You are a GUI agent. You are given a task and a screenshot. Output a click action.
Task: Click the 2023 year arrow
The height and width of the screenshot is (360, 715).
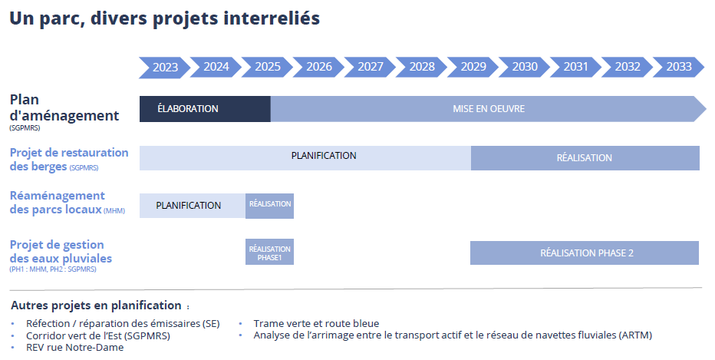click(165, 67)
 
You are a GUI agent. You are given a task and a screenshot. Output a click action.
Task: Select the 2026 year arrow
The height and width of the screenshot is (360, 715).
click(318, 67)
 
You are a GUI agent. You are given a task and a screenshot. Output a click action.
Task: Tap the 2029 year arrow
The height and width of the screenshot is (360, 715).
click(473, 67)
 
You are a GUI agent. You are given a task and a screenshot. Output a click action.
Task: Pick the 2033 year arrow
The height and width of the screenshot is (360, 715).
click(678, 67)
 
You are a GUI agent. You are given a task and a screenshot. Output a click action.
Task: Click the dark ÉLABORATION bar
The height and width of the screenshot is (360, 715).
click(205, 109)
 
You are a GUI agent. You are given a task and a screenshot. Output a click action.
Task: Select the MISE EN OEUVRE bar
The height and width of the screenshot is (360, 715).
click(489, 109)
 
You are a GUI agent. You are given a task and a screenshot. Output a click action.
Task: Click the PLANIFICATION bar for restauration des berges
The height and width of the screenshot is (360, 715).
click(305, 158)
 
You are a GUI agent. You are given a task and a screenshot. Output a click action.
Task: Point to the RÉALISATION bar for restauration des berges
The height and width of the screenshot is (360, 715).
click(585, 158)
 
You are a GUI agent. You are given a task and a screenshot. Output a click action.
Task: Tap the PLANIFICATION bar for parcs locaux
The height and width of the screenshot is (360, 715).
click(193, 206)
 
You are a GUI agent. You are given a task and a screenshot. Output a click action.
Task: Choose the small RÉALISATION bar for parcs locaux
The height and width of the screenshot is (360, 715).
click(269, 206)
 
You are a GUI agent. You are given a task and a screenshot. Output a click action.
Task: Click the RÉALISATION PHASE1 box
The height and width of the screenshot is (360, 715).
click(269, 252)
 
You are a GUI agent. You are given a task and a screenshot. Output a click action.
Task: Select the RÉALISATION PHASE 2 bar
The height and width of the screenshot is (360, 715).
click(585, 253)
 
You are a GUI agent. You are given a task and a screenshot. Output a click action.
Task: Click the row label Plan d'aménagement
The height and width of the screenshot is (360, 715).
click(64, 107)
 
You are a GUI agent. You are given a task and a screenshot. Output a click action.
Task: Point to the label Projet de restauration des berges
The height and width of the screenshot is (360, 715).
click(69, 159)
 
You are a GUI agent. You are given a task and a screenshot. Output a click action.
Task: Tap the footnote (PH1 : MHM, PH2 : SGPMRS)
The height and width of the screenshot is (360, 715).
click(53, 269)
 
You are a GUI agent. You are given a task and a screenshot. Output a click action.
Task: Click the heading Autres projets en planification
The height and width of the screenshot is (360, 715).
click(96, 306)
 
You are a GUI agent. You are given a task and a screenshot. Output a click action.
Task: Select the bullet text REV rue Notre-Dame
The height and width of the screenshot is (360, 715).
click(74, 347)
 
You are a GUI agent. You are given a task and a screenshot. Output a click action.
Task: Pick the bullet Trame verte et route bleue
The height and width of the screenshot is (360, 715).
click(317, 323)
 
